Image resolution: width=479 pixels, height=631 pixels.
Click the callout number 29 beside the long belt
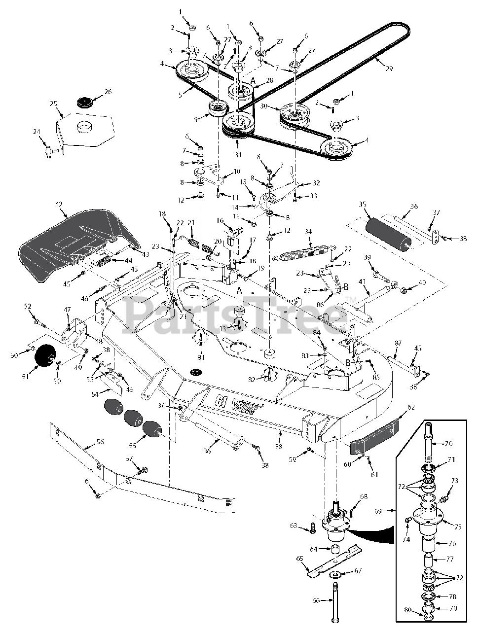[389, 69]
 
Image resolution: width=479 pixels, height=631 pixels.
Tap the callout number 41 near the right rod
[363, 281]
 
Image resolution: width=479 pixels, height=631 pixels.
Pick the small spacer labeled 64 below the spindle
[336, 549]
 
